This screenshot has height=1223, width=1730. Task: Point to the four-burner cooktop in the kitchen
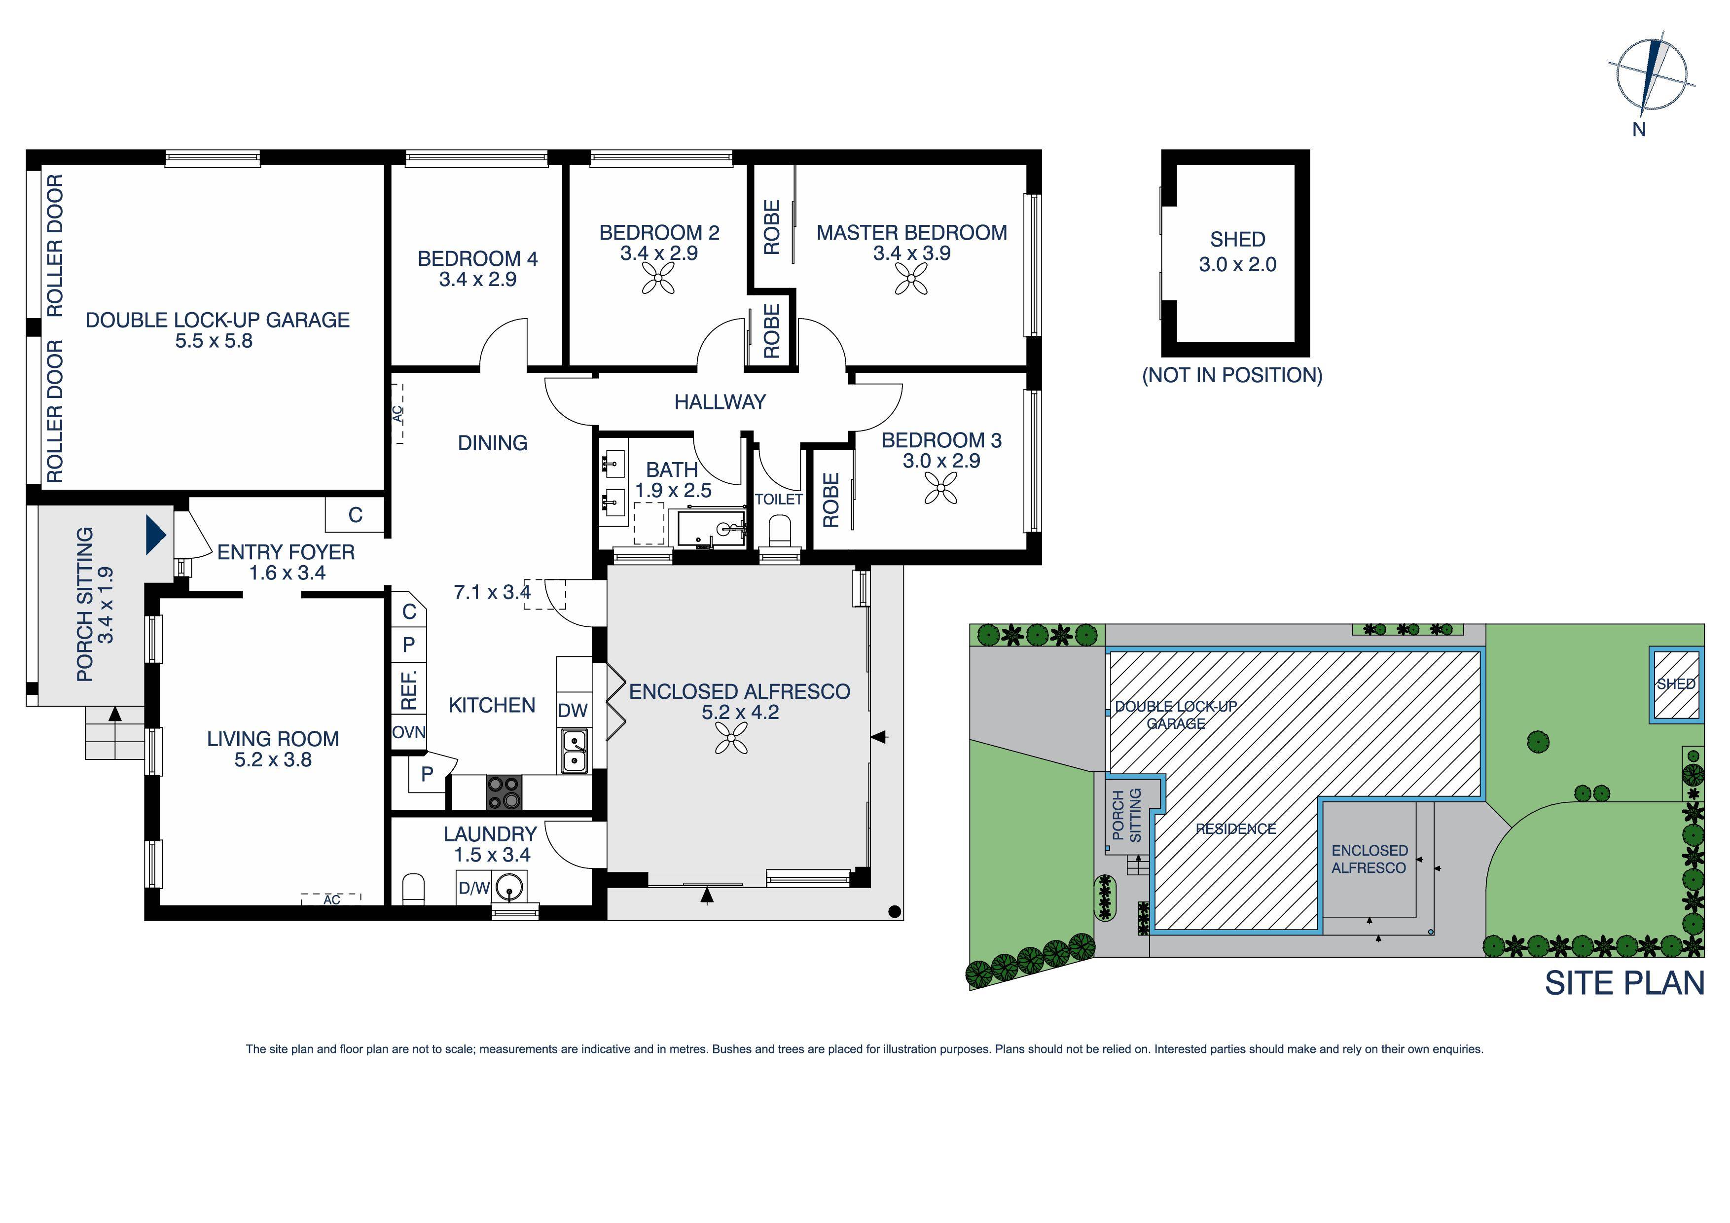pos(504,792)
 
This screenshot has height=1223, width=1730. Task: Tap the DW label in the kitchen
pos(573,710)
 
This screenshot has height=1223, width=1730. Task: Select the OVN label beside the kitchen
pos(408,732)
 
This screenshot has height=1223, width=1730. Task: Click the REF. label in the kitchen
pos(408,687)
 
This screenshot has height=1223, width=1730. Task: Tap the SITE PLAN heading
pos(1624,983)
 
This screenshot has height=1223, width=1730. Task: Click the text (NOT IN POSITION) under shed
pos(1232,375)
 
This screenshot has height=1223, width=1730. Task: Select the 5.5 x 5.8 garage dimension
pos(214,341)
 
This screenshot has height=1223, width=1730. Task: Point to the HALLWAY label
pos(720,402)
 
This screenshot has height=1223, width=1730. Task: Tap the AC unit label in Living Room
pos(331,899)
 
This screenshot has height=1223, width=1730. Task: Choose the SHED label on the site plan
pos(1676,684)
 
